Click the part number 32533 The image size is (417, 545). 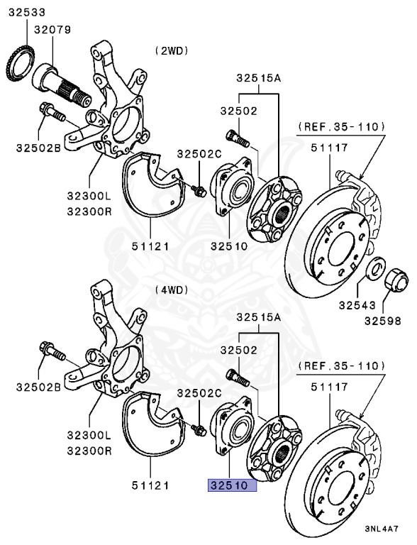point(26,12)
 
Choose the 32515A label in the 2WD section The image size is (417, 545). point(259,79)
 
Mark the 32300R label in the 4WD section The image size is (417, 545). point(89,451)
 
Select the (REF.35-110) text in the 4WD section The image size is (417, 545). point(342,366)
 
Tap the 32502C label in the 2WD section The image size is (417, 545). point(199,154)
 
